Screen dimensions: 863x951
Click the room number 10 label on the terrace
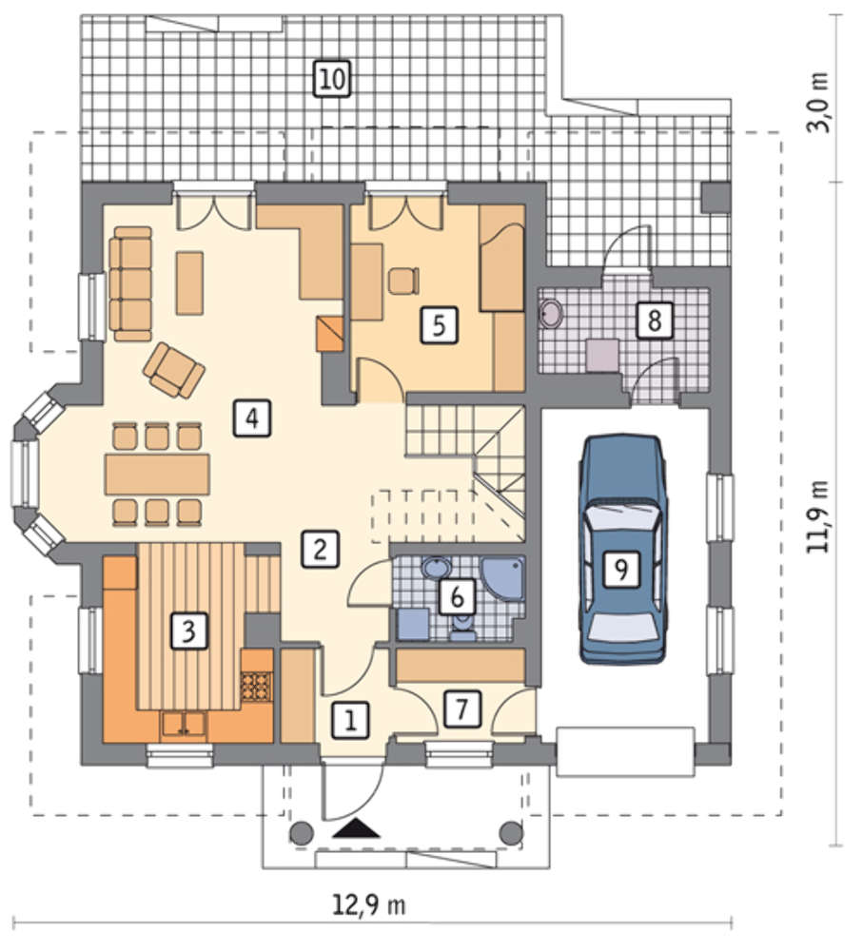333,79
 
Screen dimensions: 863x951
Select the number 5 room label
440,325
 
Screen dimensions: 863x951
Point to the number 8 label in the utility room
655,320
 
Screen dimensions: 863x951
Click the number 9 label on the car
621,569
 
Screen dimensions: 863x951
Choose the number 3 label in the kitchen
188,631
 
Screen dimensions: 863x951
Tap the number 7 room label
461,708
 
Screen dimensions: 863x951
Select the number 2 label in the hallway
321,549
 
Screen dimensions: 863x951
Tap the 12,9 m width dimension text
369,906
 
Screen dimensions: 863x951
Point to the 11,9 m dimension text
818,516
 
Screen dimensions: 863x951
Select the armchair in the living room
173,370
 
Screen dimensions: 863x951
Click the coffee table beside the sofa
189,283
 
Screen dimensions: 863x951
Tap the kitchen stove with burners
256,688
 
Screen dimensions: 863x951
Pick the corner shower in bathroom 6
503,580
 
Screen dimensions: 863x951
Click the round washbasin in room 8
552,313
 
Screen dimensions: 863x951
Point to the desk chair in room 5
403,281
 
